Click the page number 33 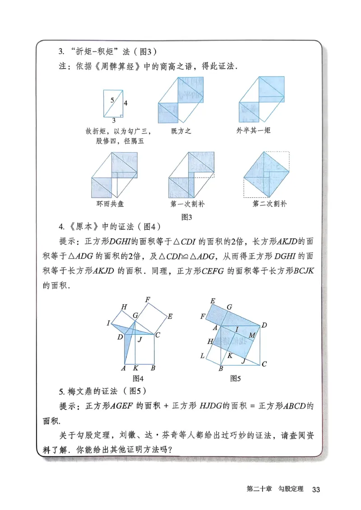316,489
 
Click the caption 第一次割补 187,204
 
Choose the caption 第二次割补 269,204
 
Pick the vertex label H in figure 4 124,307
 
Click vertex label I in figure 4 108,323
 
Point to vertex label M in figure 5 251,335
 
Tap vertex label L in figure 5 203,356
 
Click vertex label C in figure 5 264,364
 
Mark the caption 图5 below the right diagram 235,378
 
